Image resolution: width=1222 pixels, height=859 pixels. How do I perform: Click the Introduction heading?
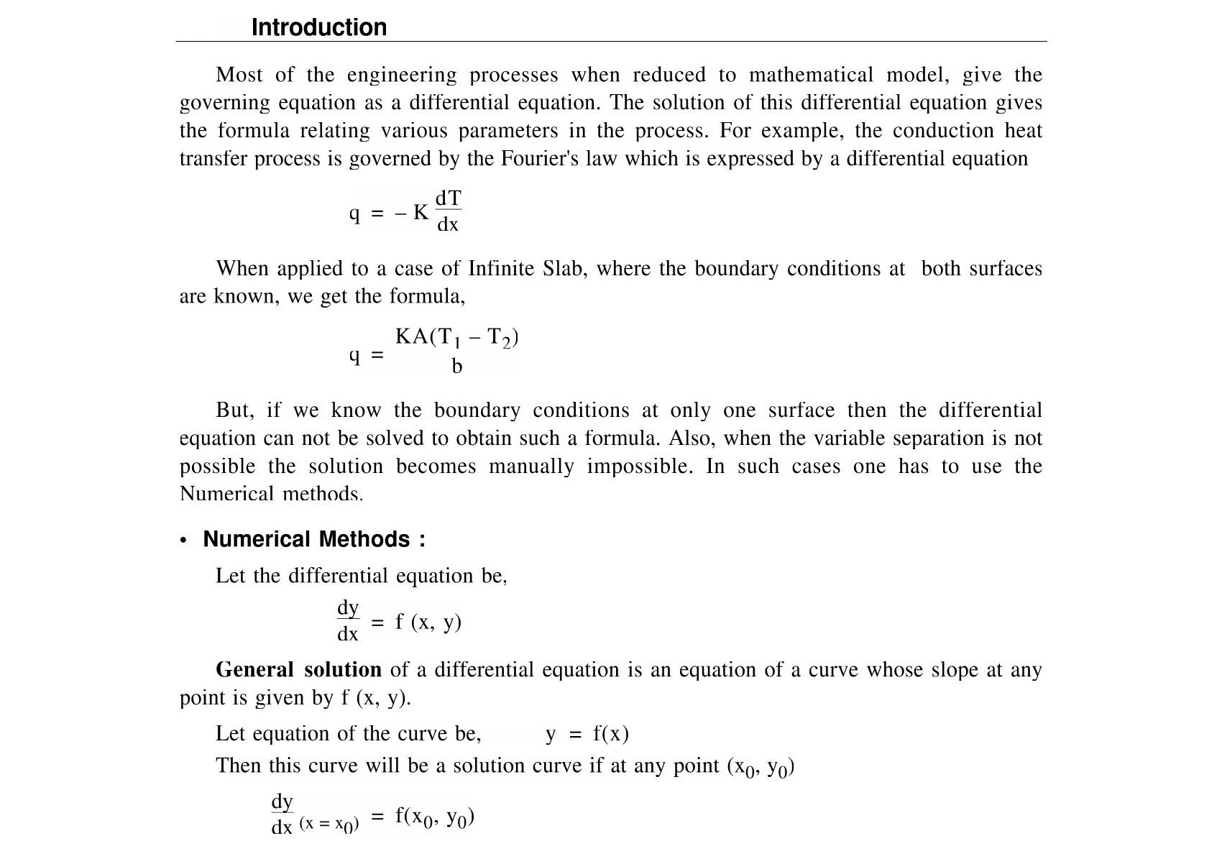[x=318, y=27]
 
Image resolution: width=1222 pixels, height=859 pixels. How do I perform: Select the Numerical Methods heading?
[x=313, y=539]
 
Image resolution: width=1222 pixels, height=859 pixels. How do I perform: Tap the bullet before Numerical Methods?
[x=184, y=541]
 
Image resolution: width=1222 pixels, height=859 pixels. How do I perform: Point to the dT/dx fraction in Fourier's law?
[x=448, y=211]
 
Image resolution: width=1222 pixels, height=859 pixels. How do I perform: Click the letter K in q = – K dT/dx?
[x=421, y=213]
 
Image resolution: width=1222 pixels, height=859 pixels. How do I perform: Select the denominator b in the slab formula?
[x=456, y=367]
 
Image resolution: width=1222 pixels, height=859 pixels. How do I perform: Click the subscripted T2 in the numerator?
[x=500, y=338]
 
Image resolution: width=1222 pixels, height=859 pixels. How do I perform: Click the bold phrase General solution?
[x=298, y=670]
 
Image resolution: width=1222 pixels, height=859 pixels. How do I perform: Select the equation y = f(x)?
[x=587, y=734]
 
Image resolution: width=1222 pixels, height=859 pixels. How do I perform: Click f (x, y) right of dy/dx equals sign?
[x=428, y=622]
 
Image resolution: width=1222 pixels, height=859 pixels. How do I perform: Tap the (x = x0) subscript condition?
[x=329, y=824]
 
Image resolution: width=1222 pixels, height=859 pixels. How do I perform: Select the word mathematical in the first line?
[x=811, y=75]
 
